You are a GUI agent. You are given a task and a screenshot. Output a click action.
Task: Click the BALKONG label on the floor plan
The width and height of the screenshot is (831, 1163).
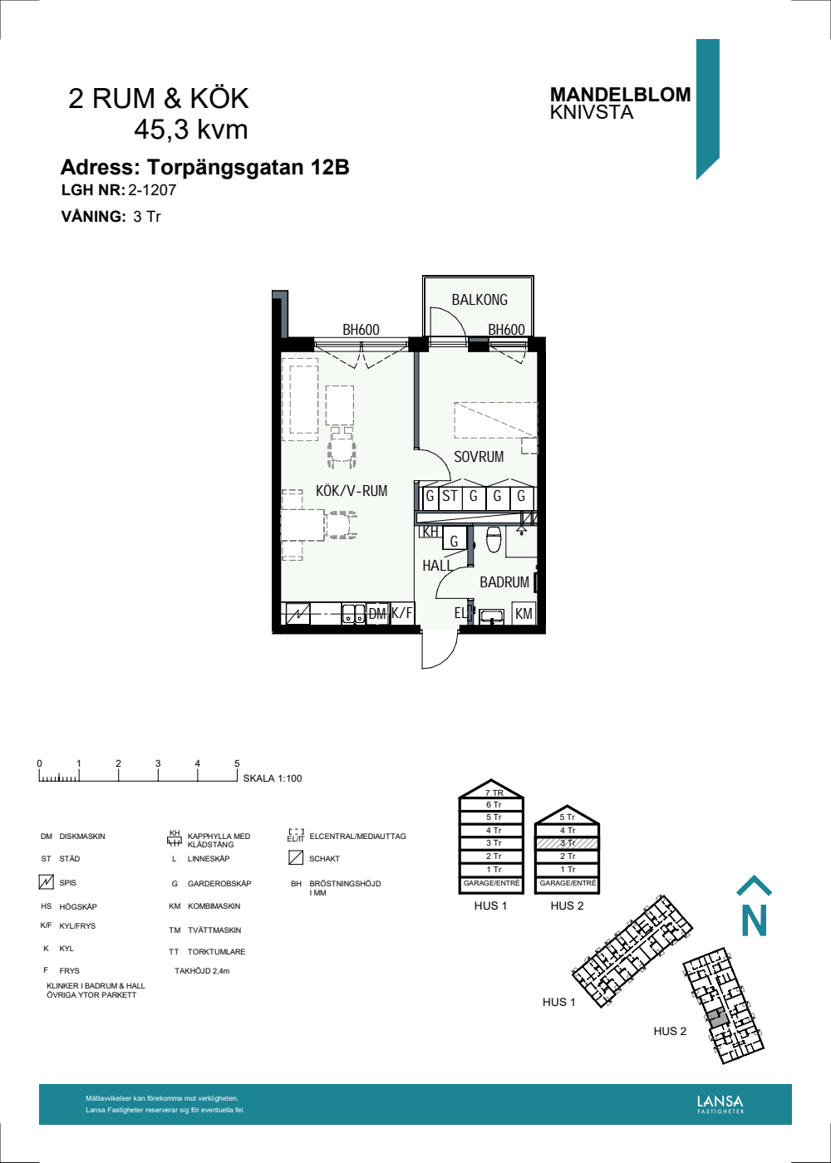tap(479, 300)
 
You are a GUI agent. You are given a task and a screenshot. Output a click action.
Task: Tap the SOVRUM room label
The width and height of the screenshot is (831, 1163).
tap(479, 457)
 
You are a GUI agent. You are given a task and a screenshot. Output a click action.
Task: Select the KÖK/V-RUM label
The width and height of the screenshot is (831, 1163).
tap(352, 491)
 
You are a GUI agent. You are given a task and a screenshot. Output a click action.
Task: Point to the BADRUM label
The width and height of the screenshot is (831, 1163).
tap(504, 582)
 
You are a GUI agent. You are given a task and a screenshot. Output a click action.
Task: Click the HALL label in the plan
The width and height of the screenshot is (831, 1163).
tap(437, 566)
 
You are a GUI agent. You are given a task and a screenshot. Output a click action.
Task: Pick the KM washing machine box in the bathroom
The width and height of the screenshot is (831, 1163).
tap(524, 615)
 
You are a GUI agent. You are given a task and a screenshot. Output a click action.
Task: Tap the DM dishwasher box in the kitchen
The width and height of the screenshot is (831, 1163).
tap(378, 615)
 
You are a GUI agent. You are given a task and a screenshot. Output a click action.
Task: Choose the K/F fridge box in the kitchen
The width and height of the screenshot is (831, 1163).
tap(402, 614)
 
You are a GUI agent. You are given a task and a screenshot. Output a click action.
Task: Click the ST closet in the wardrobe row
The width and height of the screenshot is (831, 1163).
tap(450, 497)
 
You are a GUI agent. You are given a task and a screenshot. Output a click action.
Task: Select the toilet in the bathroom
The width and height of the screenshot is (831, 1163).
tap(494, 540)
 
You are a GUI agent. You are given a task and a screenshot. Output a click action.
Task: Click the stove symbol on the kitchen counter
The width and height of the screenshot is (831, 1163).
tap(297, 615)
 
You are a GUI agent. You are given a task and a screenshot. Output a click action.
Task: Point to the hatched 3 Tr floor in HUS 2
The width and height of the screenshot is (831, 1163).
tap(567, 843)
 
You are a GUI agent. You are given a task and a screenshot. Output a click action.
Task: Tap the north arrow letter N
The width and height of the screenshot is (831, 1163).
tap(754, 920)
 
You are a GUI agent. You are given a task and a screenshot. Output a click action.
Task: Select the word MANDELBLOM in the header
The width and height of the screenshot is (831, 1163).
tap(620, 95)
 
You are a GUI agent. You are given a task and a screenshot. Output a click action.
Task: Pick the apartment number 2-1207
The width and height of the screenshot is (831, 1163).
tap(152, 189)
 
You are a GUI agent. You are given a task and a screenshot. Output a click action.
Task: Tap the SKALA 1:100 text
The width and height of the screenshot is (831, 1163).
tap(273, 778)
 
